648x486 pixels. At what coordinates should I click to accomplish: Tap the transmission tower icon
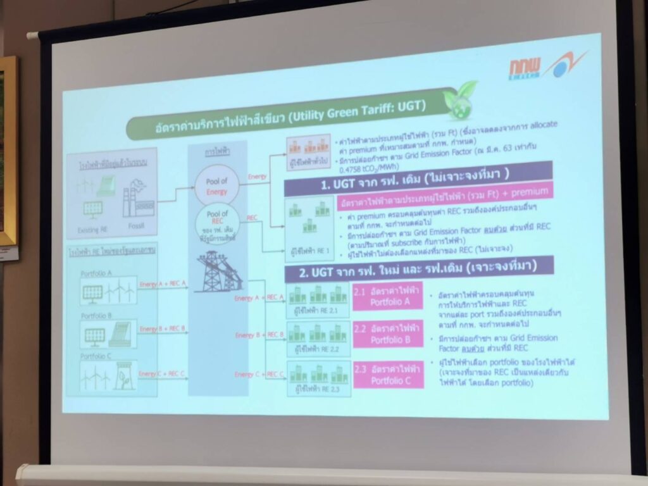point(218,271)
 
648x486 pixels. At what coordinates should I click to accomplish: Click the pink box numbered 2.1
point(387,296)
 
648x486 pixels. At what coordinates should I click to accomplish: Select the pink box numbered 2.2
point(387,335)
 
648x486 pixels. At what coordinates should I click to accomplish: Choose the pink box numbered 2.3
point(387,375)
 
